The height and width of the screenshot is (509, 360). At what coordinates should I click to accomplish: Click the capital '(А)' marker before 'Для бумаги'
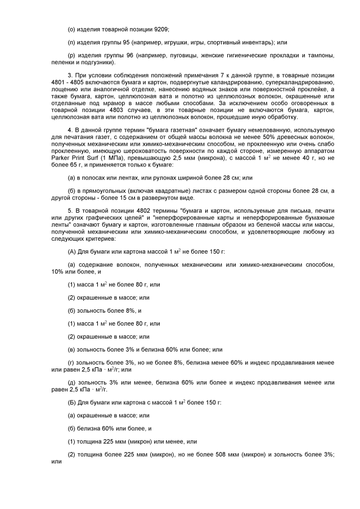point(73,249)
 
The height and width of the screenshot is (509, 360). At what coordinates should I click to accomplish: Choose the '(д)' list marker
point(72,382)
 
